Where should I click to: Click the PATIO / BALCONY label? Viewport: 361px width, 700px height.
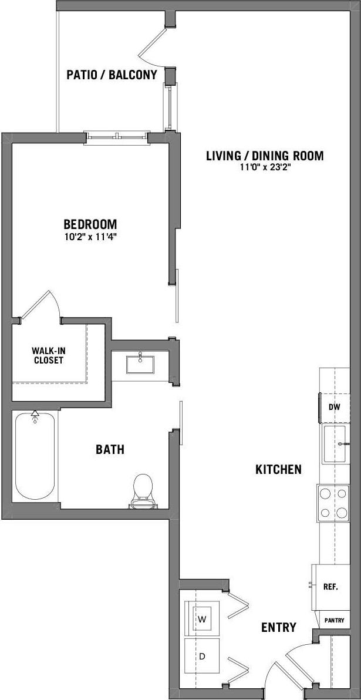(x=112, y=75)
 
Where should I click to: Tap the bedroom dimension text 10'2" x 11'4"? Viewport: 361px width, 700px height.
(x=90, y=237)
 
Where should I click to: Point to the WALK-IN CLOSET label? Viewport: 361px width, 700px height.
(x=48, y=355)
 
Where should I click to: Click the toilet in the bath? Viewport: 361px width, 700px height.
(x=143, y=491)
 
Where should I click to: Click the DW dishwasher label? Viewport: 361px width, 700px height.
(x=334, y=406)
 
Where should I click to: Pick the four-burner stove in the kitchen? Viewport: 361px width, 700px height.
(x=333, y=503)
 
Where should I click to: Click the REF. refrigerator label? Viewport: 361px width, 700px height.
(x=330, y=586)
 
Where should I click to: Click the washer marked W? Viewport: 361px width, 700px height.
(x=203, y=619)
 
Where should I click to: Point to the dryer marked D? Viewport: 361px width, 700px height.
(x=202, y=656)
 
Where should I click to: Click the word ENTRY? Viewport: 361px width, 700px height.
(x=278, y=627)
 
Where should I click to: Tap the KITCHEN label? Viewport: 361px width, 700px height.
(x=278, y=469)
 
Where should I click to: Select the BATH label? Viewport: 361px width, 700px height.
(x=110, y=450)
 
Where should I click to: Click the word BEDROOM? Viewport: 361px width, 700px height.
(x=90, y=224)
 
